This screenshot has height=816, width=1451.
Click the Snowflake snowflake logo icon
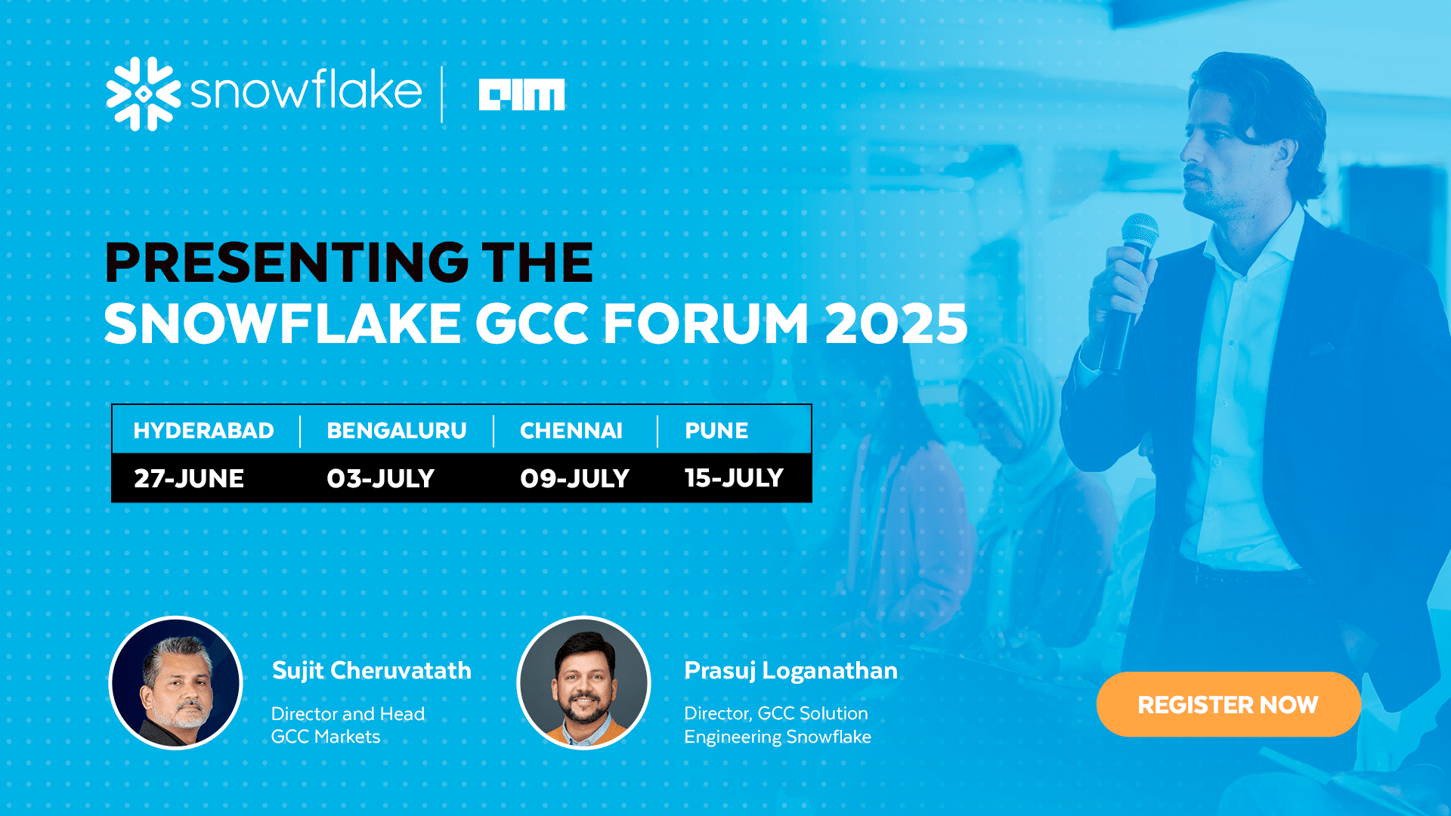tap(144, 94)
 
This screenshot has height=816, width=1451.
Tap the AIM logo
tap(521, 94)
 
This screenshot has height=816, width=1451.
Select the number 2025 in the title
tap(896, 323)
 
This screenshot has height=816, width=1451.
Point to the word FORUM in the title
tap(706, 323)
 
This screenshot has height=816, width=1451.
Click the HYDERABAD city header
tap(203, 431)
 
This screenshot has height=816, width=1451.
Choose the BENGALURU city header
tap(397, 431)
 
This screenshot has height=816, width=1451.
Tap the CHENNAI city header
tap(571, 431)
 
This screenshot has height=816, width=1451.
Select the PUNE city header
tap(716, 431)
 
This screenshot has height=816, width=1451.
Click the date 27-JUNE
tap(189, 478)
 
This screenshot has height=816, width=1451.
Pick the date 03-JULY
tap(380, 478)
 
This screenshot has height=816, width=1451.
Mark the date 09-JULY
tap(574, 478)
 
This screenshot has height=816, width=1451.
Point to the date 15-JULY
tap(734, 478)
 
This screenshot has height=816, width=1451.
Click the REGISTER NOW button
tap(1229, 704)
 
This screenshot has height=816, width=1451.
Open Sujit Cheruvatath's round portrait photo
tap(175, 683)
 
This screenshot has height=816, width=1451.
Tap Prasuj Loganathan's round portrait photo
tap(583, 683)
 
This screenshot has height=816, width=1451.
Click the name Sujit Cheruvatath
tap(372, 671)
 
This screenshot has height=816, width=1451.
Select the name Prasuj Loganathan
tap(791, 671)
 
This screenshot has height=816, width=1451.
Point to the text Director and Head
tap(348, 714)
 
